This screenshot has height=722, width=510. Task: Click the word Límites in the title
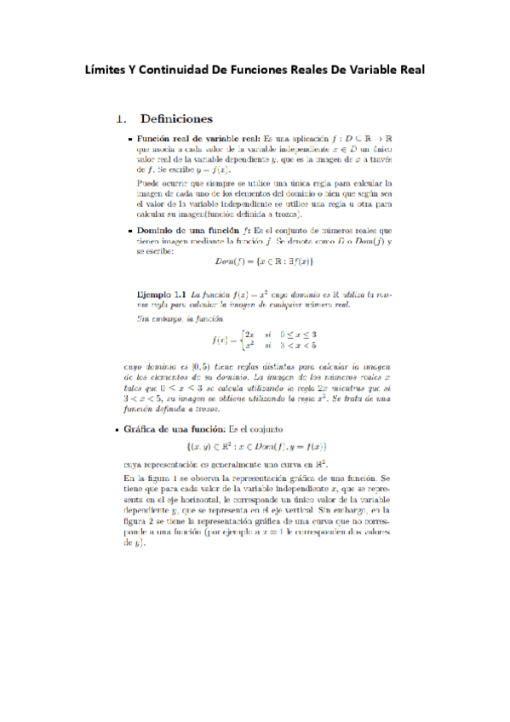[109, 69]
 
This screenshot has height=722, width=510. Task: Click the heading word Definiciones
[176, 117]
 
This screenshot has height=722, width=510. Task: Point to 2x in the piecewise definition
[250, 335]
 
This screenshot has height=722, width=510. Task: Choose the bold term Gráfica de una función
[182, 429]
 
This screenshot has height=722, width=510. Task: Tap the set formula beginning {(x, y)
[257, 446]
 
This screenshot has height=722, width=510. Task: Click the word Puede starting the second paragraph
[150, 183]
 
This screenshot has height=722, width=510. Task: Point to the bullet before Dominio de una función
[129, 231]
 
